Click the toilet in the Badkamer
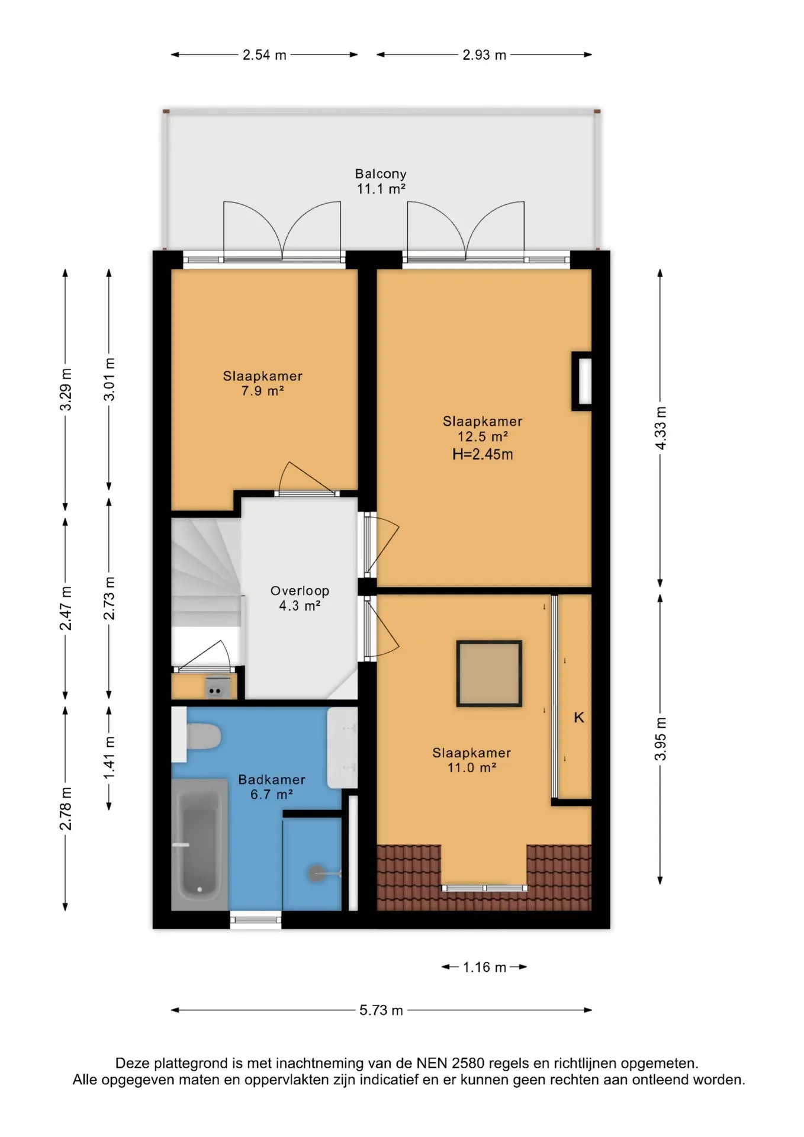coord(204,737)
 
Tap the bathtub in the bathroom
coord(200,844)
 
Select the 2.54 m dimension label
coord(265,55)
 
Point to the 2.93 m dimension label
coord(484,55)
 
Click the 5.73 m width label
coord(381,1010)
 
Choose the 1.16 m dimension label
coord(484,967)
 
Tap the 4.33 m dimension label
coord(661,428)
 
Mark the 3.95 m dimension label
coord(661,739)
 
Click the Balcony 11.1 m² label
coord(381,181)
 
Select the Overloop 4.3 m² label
coord(300,598)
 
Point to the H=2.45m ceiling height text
coord(483,455)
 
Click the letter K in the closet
coord(579,718)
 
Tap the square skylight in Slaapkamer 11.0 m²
coord(489,673)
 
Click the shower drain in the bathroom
coord(317,873)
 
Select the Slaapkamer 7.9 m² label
coord(262,383)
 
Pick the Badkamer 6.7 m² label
coord(272,787)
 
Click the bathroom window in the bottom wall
coord(256,920)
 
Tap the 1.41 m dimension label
coord(110,759)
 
